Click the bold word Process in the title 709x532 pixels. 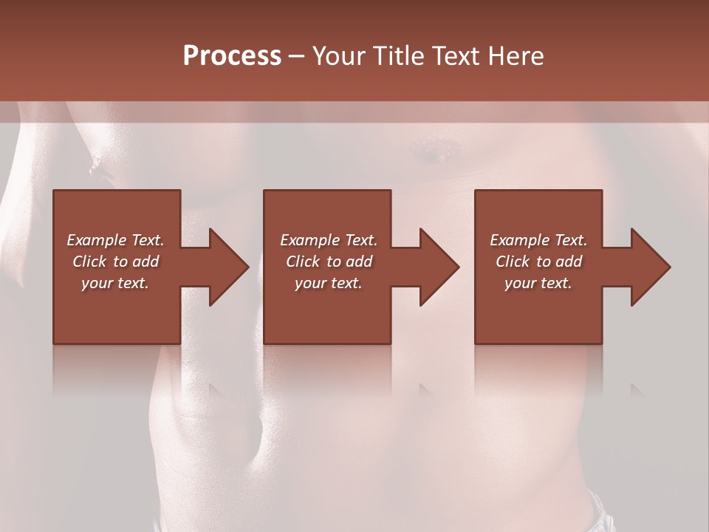[x=232, y=56]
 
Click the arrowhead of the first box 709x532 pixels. [x=225, y=267]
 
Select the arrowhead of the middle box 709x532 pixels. [x=435, y=267]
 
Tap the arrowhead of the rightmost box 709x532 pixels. [x=645, y=267]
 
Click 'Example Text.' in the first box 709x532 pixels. [x=115, y=240]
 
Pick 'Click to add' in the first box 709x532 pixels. [x=115, y=262]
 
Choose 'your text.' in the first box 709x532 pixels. [x=115, y=283]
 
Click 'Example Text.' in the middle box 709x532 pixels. [x=328, y=240]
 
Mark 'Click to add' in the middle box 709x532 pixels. [x=328, y=262]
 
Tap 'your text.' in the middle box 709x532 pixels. [x=328, y=283]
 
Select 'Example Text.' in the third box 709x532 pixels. [x=538, y=240]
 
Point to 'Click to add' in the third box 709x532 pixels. [x=538, y=262]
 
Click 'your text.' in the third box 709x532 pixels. [x=538, y=283]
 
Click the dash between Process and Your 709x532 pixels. [x=297, y=57]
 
